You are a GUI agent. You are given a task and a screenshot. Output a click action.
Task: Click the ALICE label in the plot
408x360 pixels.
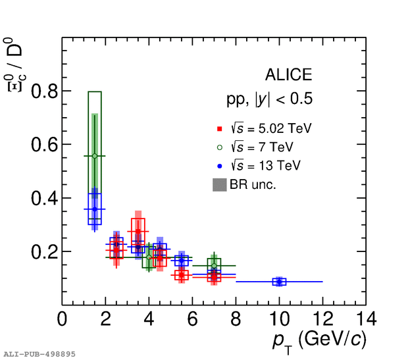pos(288,75)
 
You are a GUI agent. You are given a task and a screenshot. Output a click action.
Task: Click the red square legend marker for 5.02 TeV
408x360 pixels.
pos(220,129)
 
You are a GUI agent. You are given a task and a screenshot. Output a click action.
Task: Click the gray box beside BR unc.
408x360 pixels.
pos(220,185)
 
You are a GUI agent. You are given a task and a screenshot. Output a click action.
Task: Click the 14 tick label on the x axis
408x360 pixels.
pos(365,319)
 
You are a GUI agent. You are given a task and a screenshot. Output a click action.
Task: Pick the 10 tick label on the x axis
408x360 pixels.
pos(279,319)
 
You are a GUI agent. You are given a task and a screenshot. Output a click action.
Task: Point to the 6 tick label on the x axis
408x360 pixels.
pos(192,319)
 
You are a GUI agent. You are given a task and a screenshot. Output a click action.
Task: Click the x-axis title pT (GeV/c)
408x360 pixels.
pos(319,340)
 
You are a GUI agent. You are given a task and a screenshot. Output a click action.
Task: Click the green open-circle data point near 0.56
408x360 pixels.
pos(95,156)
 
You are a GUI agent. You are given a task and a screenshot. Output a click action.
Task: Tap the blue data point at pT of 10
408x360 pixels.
pos(280,282)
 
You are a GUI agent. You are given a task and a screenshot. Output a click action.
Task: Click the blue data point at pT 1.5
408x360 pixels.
pos(95,209)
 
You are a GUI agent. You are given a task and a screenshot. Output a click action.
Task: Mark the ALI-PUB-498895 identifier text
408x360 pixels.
pos(39,354)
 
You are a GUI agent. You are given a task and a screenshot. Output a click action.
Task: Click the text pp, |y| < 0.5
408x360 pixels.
pos(270,100)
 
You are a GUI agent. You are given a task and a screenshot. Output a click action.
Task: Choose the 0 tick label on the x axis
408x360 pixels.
pos(63,319)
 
